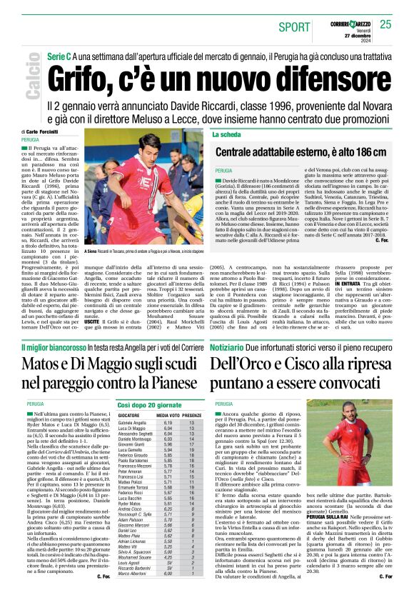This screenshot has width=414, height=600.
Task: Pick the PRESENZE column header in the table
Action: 192,414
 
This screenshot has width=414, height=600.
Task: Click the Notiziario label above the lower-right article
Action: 228,347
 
